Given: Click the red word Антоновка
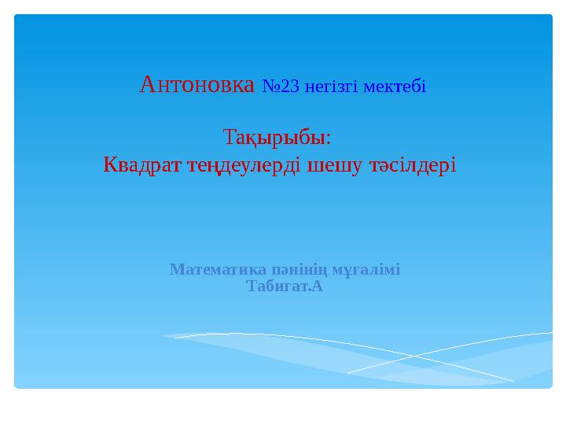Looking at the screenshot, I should (x=197, y=84).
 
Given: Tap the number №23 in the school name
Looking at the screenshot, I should (x=280, y=86).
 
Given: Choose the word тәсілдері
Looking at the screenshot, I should (x=413, y=166).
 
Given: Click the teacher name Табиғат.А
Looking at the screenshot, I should (x=285, y=286).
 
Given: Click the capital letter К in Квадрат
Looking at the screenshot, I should (x=111, y=166).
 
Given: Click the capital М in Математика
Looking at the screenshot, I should (x=176, y=270).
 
